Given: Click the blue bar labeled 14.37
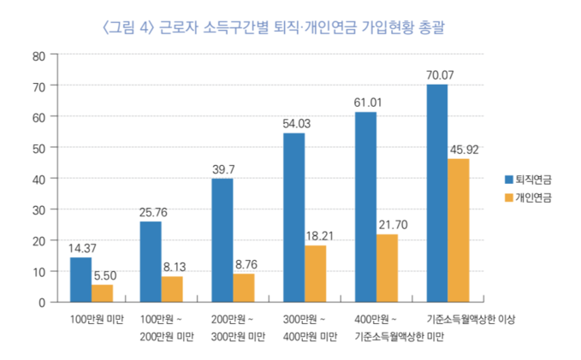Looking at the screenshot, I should (x=80, y=279).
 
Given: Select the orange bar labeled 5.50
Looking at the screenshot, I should (x=103, y=292).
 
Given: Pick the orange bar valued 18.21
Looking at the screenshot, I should (x=316, y=273).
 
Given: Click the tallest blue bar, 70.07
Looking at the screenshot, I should (x=436, y=192).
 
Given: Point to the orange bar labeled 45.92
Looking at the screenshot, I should (x=458, y=229).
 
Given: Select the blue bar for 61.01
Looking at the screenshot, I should (x=365, y=206).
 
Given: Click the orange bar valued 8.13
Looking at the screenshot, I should (x=173, y=288).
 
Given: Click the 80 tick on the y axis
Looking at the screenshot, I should (x=39, y=56).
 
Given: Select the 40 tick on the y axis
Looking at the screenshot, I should (x=39, y=178).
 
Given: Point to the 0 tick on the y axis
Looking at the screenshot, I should (x=41, y=302).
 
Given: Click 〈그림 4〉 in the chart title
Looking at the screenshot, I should (x=128, y=28).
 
